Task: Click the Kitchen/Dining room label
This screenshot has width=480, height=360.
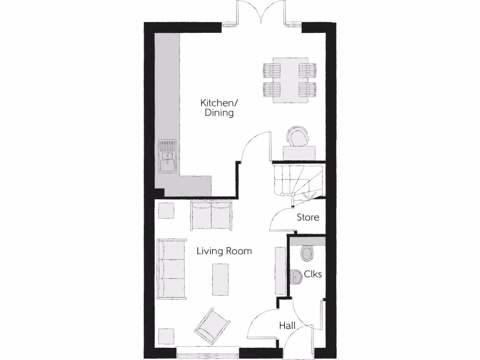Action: pyautogui.click(x=217, y=107)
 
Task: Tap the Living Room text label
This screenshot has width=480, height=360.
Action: pyautogui.click(x=224, y=251)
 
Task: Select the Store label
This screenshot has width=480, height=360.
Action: pyautogui.click(x=308, y=217)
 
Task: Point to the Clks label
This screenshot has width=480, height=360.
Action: pyautogui.click(x=313, y=274)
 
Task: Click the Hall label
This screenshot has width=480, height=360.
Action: pyautogui.click(x=287, y=325)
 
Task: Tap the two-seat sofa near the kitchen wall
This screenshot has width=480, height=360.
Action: pyautogui.click(x=211, y=215)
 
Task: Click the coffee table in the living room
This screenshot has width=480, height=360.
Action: pyautogui.click(x=221, y=279)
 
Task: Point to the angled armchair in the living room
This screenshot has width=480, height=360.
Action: pyautogui.click(x=212, y=326)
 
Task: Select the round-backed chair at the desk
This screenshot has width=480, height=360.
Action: pyautogui.click(x=299, y=136)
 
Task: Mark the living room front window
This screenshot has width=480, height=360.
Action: pyautogui.click(x=208, y=349)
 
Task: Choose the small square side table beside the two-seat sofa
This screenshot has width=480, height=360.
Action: pyautogui.click(x=166, y=210)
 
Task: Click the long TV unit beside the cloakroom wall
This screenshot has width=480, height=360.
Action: pyautogui.click(x=280, y=270)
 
